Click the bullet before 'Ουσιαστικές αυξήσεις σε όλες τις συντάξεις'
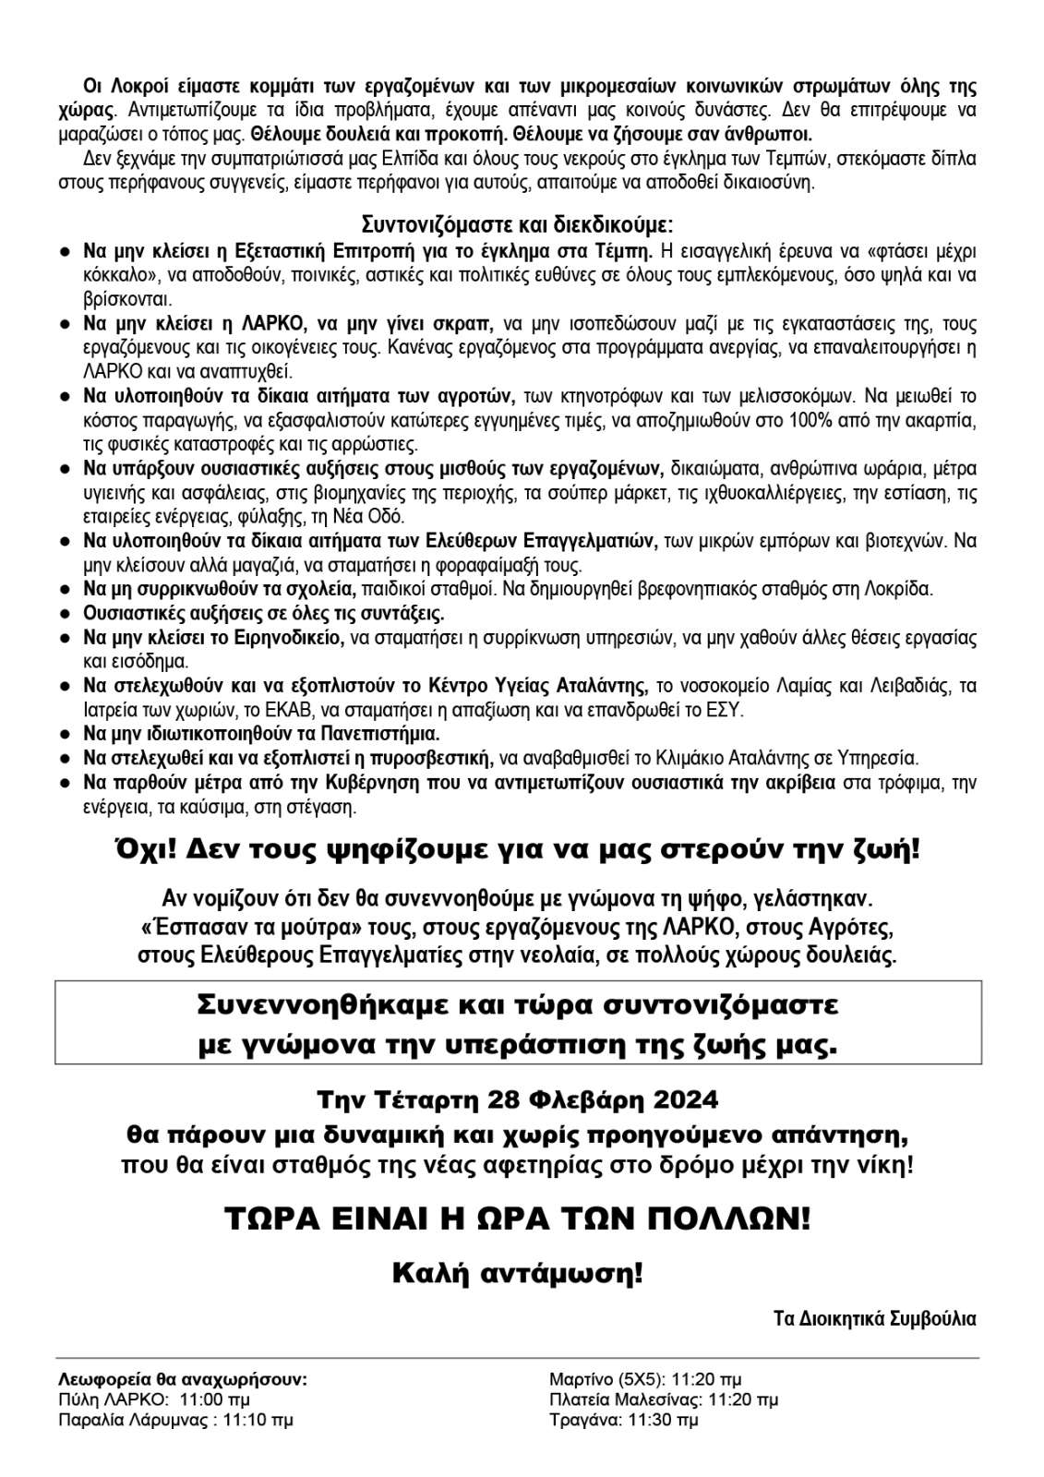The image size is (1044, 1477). click(66, 613)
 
